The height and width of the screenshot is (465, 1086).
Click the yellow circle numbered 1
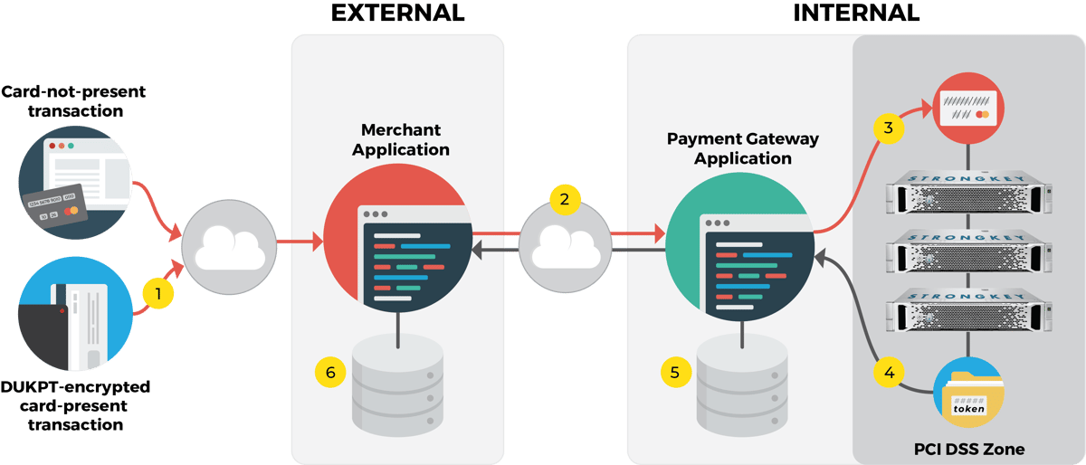click(x=158, y=293)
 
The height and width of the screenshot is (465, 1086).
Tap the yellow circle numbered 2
click(x=565, y=200)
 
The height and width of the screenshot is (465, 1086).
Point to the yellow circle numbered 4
click(x=889, y=371)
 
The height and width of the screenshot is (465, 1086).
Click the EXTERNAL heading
click(x=397, y=14)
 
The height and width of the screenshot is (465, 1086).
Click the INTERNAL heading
click(x=856, y=14)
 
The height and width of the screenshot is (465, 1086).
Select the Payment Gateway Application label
click(x=742, y=148)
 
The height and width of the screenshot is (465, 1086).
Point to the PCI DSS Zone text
click(x=969, y=449)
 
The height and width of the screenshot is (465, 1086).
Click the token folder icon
click(x=969, y=396)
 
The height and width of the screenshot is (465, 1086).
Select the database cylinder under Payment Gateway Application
click(x=741, y=384)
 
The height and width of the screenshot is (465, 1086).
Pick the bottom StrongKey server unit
click(x=969, y=307)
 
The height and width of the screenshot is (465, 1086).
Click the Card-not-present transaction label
click(x=73, y=101)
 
